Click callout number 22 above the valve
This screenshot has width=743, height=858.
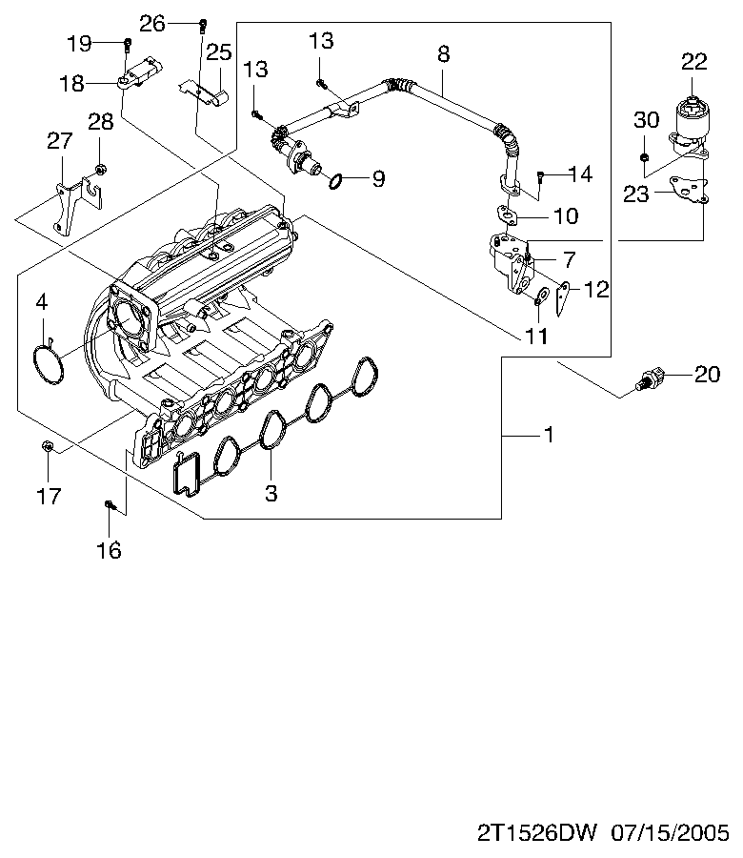click(693, 61)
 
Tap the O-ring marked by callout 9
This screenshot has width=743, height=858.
click(335, 180)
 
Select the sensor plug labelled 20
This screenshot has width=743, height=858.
click(650, 379)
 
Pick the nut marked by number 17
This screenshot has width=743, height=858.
click(48, 446)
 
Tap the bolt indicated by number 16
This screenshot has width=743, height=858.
click(110, 504)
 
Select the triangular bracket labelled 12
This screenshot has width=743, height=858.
click(563, 298)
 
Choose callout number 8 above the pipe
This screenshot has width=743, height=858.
click(443, 54)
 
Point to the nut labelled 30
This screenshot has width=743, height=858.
click(644, 157)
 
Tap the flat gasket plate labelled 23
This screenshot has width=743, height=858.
click(690, 189)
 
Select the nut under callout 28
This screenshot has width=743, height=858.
click(100, 169)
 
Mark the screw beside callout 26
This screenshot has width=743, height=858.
click(203, 25)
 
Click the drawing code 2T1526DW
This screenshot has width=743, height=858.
click(537, 833)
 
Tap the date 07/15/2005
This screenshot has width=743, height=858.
click(670, 833)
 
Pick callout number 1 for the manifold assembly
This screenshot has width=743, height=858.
click(550, 435)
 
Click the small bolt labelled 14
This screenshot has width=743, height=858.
click(541, 175)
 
